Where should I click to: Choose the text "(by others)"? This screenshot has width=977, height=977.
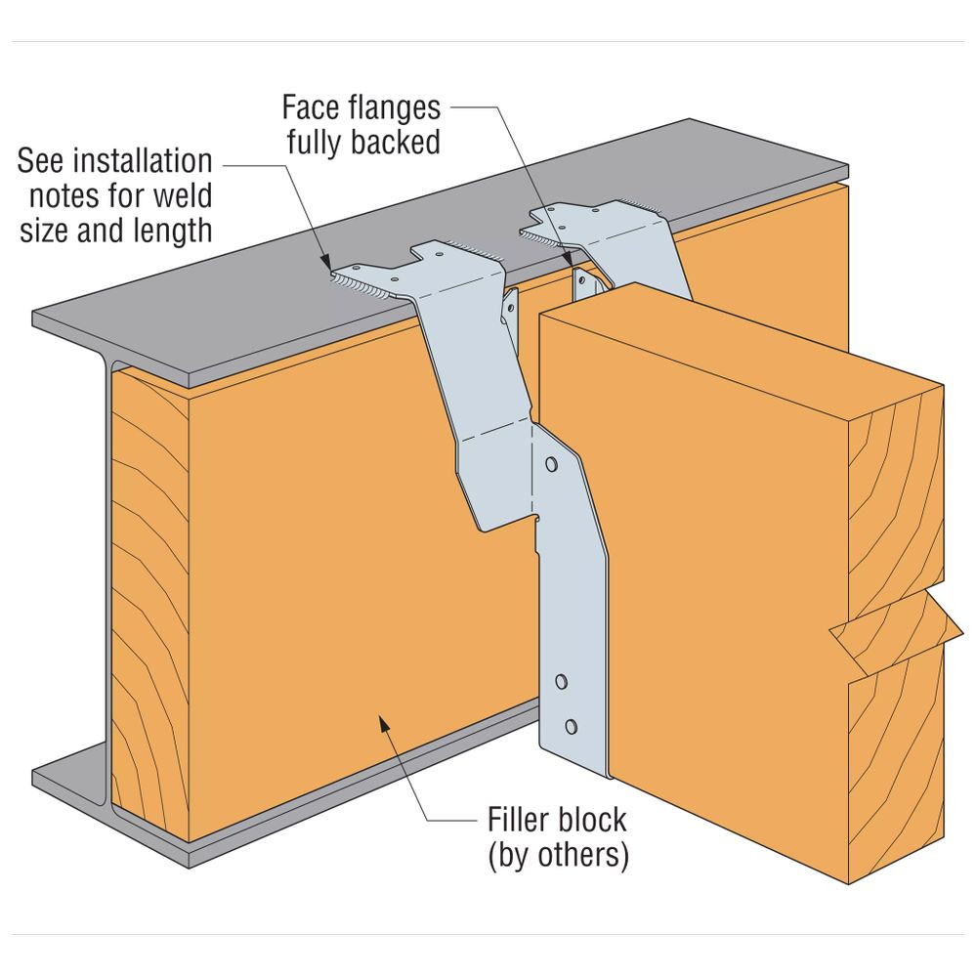click(557, 856)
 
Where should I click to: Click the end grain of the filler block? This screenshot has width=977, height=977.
click(147, 606)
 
